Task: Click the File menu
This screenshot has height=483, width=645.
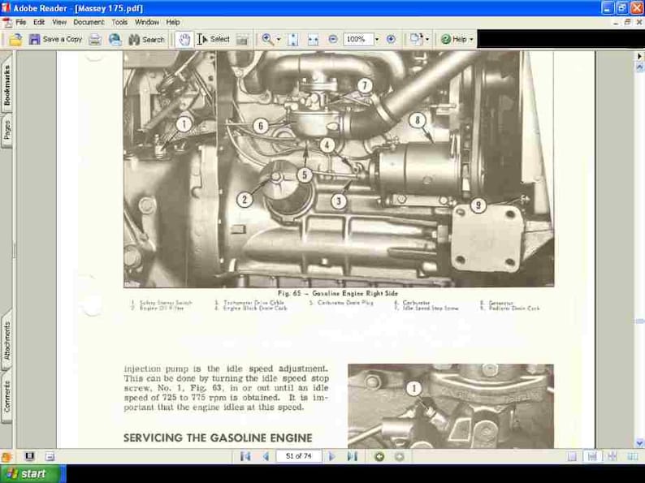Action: [20, 23]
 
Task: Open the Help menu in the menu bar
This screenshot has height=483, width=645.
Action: [173, 23]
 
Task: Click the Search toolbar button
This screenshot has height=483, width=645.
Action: [146, 39]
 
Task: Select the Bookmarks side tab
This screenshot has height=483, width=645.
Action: [7, 86]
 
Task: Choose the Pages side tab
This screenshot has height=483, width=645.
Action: [7, 130]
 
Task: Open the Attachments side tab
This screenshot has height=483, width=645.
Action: [7, 341]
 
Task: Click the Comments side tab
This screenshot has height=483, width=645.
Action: [7, 395]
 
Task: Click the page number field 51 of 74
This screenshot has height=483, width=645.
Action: [298, 456]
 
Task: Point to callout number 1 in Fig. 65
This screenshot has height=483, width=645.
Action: [184, 124]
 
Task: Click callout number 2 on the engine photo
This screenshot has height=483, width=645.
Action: [245, 199]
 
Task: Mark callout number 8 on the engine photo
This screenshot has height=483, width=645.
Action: [418, 120]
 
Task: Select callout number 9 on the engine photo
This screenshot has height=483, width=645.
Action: [478, 205]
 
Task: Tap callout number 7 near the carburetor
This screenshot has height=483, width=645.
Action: [364, 84]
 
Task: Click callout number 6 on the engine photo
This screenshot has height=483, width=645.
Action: [260, 126]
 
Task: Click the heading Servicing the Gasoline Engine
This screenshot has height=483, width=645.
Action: [218, 438]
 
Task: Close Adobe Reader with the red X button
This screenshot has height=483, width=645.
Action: [636, 7]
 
